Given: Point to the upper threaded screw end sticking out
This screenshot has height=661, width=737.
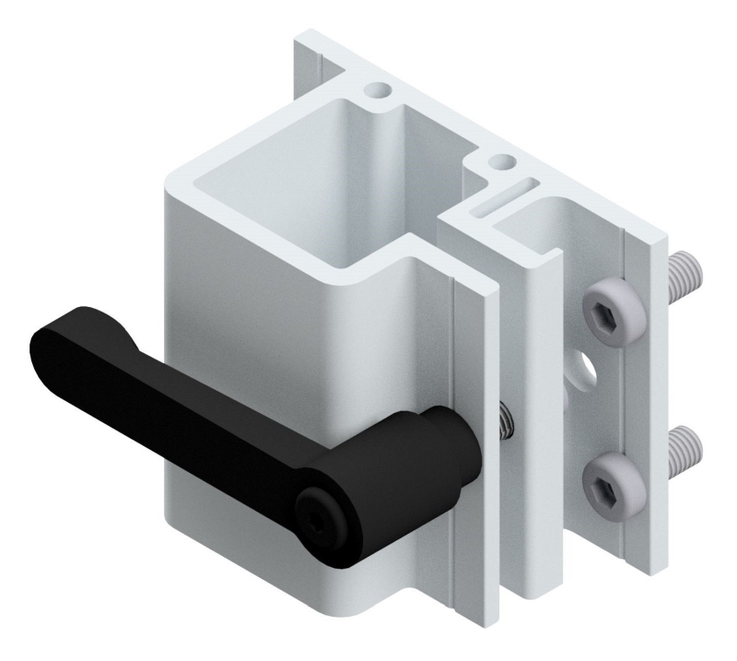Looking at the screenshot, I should coord(686,273).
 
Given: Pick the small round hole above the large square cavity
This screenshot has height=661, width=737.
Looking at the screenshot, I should coord(377,90).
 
